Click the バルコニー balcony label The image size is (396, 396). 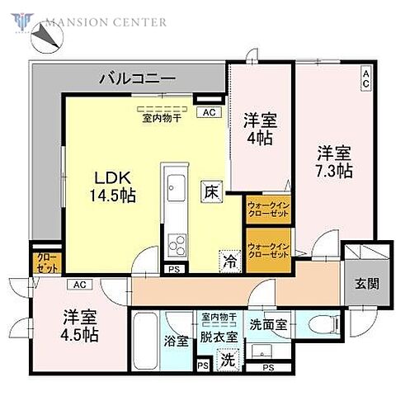tap(136, 79)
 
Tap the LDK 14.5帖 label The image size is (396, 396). tap(114, 187)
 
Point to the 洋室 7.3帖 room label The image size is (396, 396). tap(334, 162)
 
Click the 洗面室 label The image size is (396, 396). tap(270, 325)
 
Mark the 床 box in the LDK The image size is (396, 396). tap(211, 190)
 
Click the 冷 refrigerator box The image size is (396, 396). tap(228, 262)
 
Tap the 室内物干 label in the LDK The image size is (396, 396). tap(162, 116)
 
